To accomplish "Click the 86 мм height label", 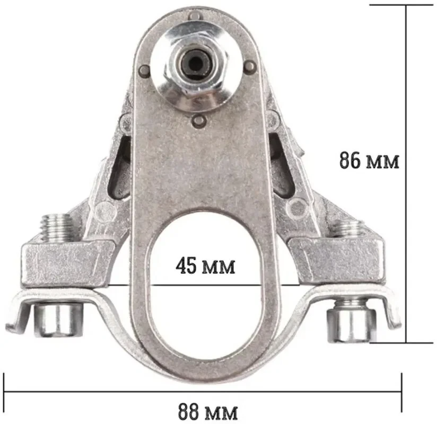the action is [x=369, y=161].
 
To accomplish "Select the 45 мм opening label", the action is [x=205, y=266].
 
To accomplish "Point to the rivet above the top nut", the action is [x=194, y=16].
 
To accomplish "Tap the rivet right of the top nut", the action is [x=250, y=66].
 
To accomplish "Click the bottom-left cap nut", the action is [x=58, y=320].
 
